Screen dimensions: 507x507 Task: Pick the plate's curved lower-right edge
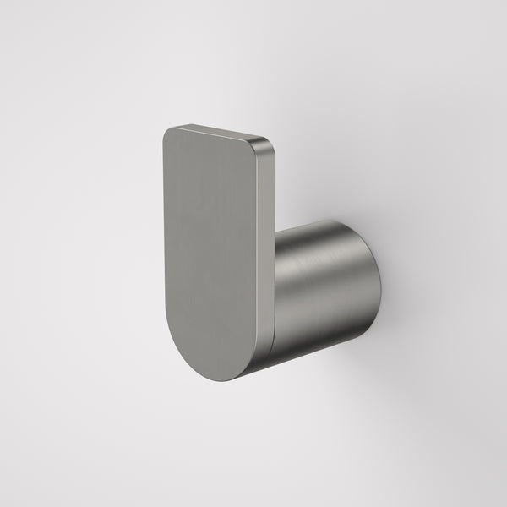coord(264,359)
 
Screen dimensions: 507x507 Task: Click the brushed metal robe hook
coord(253,262)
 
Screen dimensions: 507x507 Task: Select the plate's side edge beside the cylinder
coord(275,279)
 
